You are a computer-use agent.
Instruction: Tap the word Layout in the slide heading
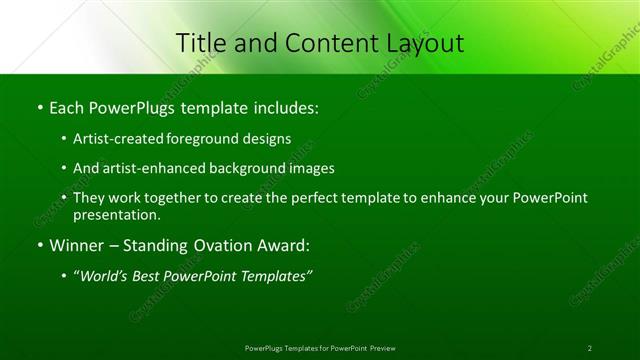[420, 43]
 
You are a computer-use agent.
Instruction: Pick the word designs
[269, 138]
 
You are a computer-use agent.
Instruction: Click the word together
[172, 198]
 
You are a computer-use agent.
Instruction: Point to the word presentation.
[116, 214]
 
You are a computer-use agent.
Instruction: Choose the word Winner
[76, 244]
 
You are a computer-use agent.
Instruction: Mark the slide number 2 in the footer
[590, 348]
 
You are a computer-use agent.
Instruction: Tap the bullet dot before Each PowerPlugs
[40, 107]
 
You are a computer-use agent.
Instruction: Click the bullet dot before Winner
[40, 245]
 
